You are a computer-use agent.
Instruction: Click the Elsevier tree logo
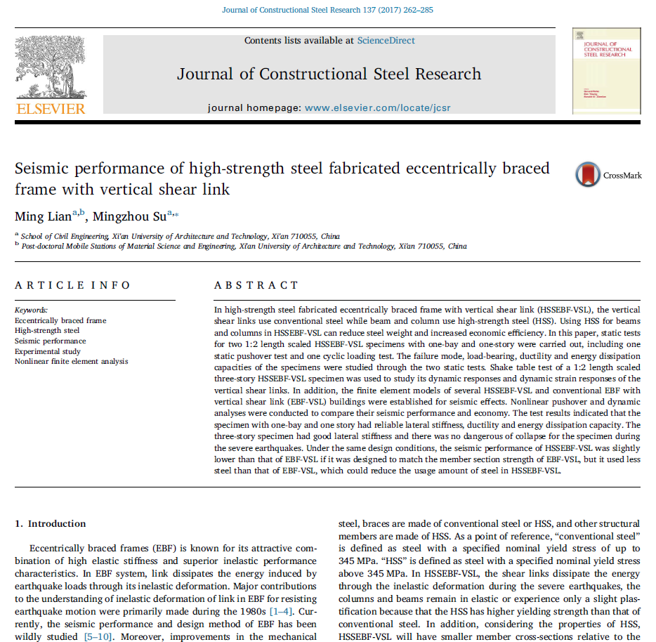(x=51, y=67)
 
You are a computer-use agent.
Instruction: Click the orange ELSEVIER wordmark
(x=51, y=109)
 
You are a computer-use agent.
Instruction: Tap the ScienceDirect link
(x=386, y=41)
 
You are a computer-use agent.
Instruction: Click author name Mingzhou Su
(x=129, y=216)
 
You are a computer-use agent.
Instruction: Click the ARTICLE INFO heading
(x=72, y=285)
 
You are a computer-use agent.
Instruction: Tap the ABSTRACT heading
(x=256, y=285)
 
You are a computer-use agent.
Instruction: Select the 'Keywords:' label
(x=31, y=310)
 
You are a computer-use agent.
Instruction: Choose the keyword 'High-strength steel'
(x=47, y=330)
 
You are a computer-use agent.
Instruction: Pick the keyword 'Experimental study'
(x=48, y=351)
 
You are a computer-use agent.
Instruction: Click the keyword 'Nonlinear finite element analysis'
(x=72, y=362)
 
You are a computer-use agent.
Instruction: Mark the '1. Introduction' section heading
(x=51, y=524)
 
